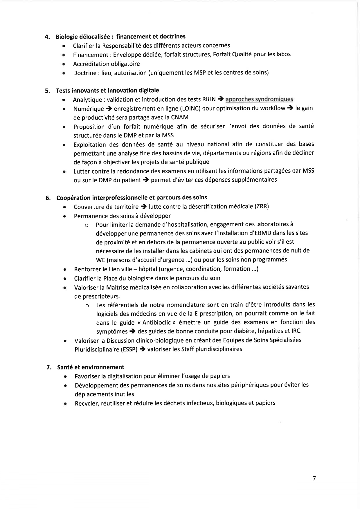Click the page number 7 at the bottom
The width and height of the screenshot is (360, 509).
[x=314, y=479]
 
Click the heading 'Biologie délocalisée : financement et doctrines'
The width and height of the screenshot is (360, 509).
[x=120, y=37]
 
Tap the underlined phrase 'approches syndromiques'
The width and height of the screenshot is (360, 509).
[x=259, y=100]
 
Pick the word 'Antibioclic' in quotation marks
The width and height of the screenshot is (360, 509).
[x=152, y=322]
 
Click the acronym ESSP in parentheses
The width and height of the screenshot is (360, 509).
[x=129, y=349]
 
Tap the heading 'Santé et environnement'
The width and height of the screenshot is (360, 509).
[x=91, y=367]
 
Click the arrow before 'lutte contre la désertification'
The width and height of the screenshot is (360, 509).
[x=143, y=207]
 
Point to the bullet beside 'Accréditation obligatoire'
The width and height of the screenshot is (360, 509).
[x=63, y=64]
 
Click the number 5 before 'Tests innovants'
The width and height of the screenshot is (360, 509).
[x=47, y=91]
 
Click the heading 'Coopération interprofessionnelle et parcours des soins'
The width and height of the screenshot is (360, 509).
[x=132, y=198]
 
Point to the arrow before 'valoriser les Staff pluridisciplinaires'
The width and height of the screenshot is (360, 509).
[x=142, y=349]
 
